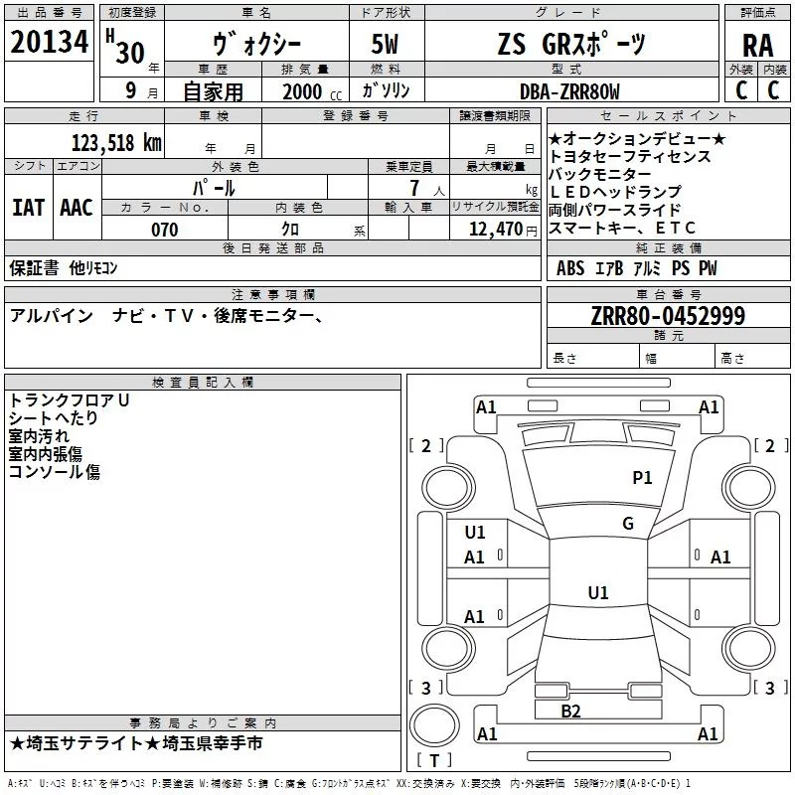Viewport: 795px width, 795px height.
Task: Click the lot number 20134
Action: [x=49, y=42]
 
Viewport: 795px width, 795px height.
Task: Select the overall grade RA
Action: [x=757, y=46]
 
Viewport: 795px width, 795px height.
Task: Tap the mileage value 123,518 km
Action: [x=116, y=143]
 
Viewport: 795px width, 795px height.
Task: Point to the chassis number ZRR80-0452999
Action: [x=668, y=315]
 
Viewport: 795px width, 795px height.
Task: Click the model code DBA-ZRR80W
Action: [x=569, y=91]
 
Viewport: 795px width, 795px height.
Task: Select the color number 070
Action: [x=165, y=230]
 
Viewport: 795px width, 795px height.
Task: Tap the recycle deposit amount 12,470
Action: [x=496, y=230]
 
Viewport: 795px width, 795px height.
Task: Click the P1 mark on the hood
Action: [x=642, y=477]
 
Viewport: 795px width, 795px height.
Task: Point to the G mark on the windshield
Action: [x=628, y=523]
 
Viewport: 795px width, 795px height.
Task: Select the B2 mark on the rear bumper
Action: [x=570, y=711]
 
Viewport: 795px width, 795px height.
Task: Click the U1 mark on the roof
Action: [x=598, y=592]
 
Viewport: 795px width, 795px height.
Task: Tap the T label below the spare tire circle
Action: [x=434, y=760]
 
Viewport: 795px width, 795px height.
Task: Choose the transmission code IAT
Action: [x=28, y=208]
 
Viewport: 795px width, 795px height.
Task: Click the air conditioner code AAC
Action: [x=77, y=208]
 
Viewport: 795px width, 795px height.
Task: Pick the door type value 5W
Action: [x=386, y=44]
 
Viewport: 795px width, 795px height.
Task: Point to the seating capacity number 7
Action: [x=414, y=188]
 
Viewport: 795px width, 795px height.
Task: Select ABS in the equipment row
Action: [x=570, y=268]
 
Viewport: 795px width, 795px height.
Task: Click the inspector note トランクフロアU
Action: [x=69, y=400]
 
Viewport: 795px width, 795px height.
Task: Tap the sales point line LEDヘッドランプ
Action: [x=615, y=192]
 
